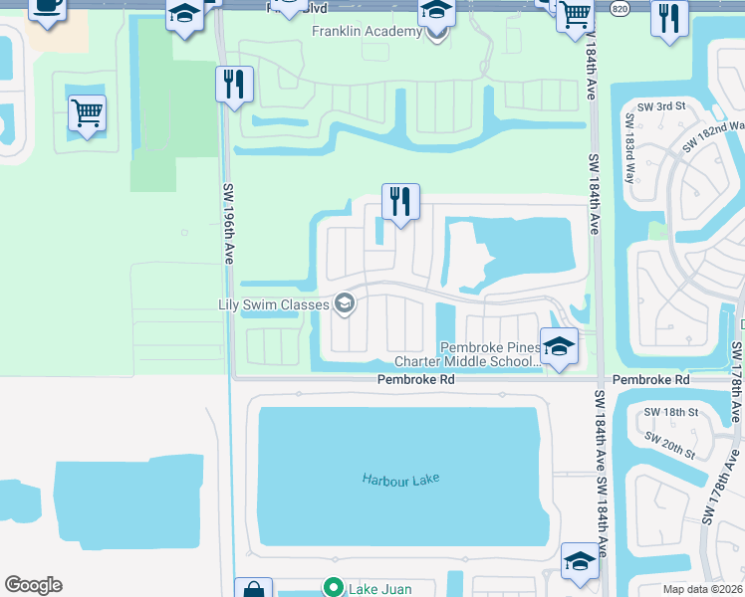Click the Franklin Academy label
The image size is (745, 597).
pyautogui.click(x=367, y=32)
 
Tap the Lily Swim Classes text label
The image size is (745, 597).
pyautogui.click(x=274, y=303)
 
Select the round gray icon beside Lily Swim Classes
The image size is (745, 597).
pyautogui.click(x=345, y=303)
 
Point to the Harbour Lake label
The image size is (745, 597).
pyautogui.click(x=400, y=480)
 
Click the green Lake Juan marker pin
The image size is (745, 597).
pyautogui.click(x=335, y=588)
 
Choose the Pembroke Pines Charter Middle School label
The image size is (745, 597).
pyautogui.click(x=468, y=354)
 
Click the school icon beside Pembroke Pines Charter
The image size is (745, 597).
pyautogui.click(x=559, y=347)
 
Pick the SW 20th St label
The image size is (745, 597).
pyautogui.click(x=669, y=444)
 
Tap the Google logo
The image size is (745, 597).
pyautogui.click(x=33, y=584)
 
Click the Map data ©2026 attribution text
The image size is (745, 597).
pyautogui.click(x=703, y=589)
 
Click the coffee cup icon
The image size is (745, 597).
pyautogui.click(x=47, y=5)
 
